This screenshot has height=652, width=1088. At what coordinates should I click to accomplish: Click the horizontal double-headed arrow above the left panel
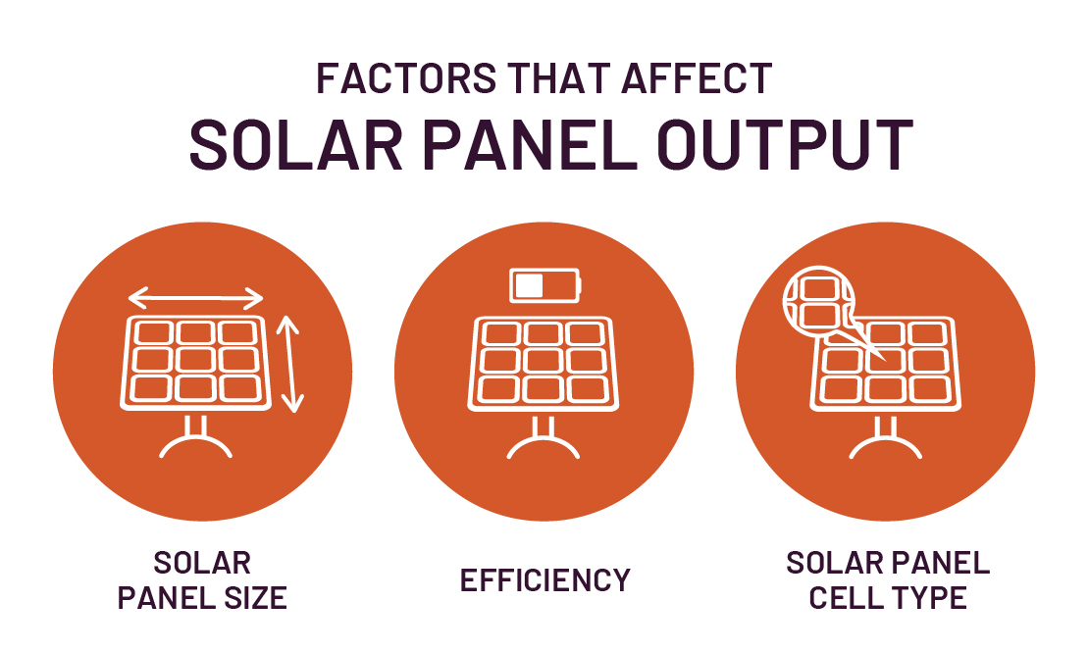(x=196, y=298)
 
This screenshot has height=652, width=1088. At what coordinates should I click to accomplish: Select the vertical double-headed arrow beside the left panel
(x=290, y=363)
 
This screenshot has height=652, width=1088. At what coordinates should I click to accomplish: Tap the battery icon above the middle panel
(x=545, y=285)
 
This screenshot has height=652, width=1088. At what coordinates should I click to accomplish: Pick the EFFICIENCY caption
(x=545, y=580)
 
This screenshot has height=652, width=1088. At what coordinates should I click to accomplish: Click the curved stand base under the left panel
(x=197, y=445)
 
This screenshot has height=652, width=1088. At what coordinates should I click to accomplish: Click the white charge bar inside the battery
(x=530, y=285)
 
